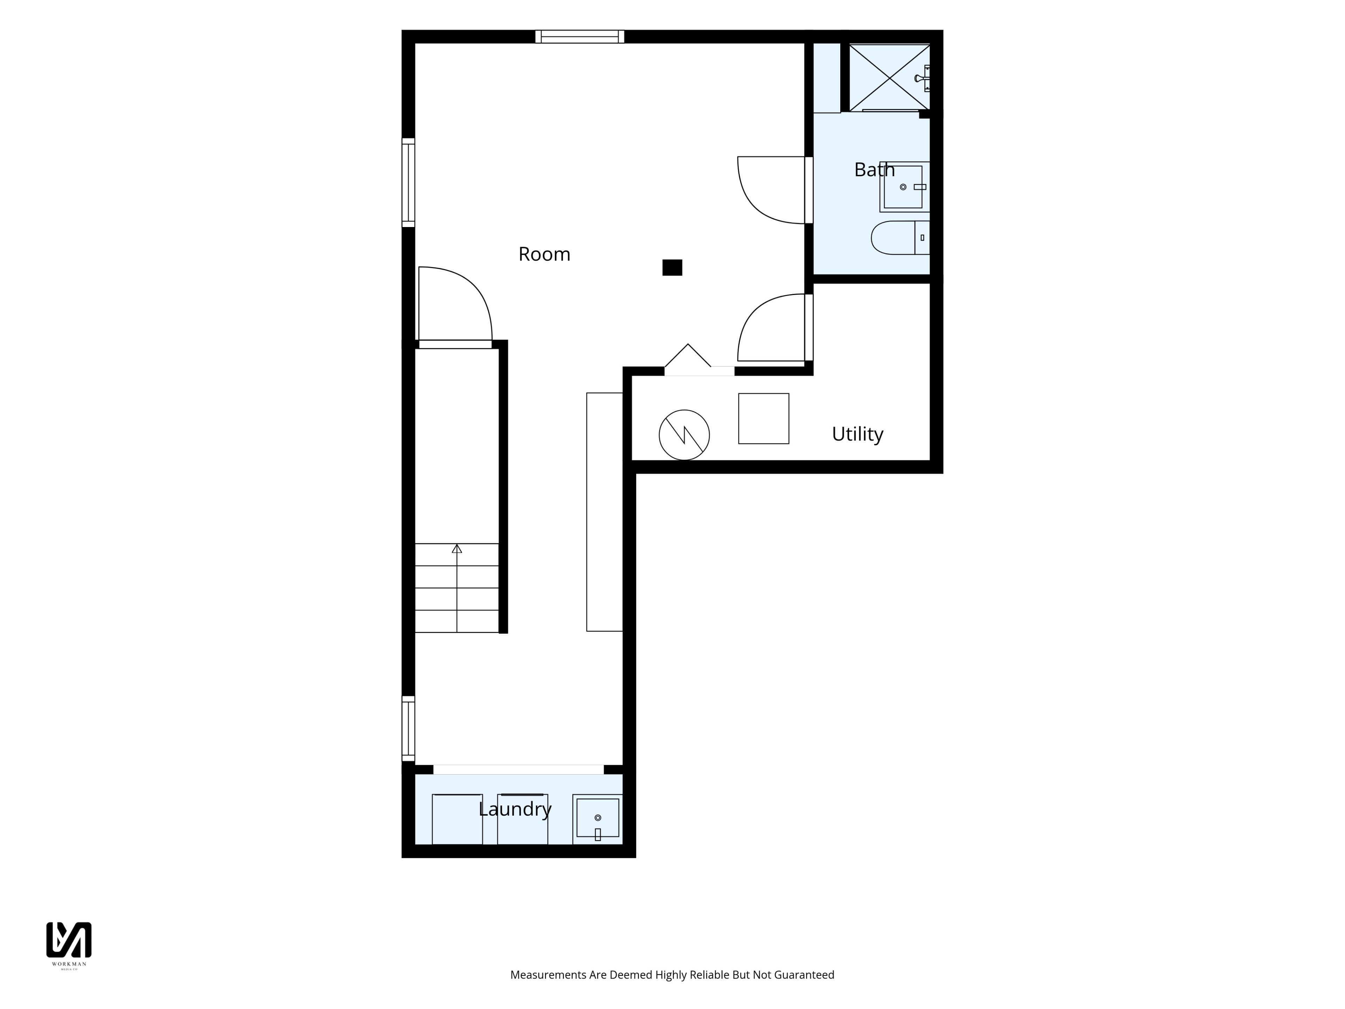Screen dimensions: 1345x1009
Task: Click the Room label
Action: [544, 254]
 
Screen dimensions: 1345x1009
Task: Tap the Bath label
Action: [874, 170]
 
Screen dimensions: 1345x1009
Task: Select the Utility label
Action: [857, 434]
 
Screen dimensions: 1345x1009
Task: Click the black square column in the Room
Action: [672, 268]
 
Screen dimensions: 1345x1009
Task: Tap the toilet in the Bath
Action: [900, 238]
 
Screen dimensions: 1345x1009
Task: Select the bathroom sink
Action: [904, 187]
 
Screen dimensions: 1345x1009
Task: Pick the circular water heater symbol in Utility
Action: [684, 435]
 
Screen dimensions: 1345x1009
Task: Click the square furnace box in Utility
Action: [764, 418]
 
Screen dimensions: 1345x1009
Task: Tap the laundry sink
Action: [598, 819]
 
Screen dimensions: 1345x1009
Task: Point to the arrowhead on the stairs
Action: [457, 549]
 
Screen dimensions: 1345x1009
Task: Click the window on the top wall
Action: [579, 36]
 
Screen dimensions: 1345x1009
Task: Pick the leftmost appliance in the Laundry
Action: [457, 819]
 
